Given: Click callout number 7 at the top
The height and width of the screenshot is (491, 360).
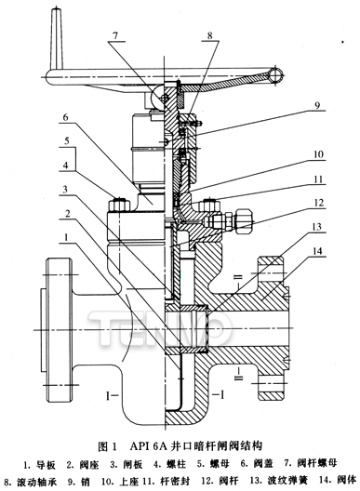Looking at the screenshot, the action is (x=115, y=35).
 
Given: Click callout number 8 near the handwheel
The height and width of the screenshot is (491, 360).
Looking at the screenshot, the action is (x=210, y=35).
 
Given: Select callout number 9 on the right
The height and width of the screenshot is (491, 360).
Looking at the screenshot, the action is (x=317, y=105).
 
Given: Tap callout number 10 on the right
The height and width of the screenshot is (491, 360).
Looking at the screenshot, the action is (x=318, y=154).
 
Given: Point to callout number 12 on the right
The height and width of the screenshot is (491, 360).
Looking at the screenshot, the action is (x=318, y=203).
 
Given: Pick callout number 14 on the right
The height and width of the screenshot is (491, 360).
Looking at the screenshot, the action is (x=318, y=251).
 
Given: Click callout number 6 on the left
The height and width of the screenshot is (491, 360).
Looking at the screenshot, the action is (x=65, y=117).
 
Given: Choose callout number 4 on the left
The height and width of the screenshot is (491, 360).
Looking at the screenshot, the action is (x=65, y=165).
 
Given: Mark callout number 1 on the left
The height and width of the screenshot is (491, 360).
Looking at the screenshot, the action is (x=65, y=238).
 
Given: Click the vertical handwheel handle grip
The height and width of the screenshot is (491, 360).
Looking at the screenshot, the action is (x=57, y=38).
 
